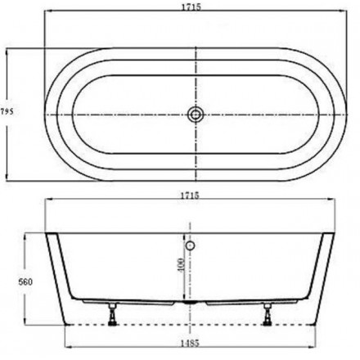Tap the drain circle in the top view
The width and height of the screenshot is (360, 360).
tap(196, 114)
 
